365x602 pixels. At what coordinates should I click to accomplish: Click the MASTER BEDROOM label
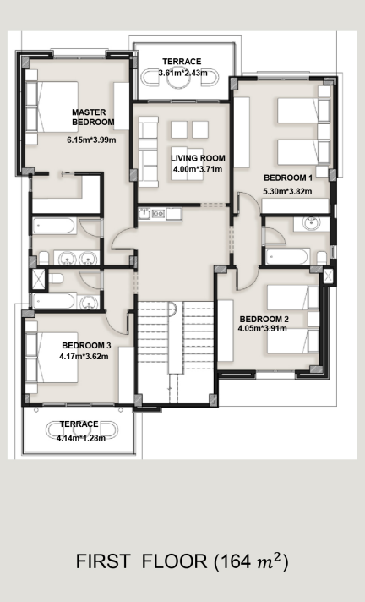point(93,117)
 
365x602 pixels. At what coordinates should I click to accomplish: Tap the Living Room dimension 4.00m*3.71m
point(198,169)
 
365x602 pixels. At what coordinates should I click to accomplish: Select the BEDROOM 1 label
point(288,178)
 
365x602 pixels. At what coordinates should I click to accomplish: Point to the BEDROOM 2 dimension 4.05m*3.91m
point(262,328)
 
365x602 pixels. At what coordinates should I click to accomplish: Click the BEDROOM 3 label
point(86,346)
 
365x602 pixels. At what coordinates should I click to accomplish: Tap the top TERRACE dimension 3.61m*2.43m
point(183,73)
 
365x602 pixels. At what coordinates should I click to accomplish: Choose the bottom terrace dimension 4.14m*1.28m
point(81,438)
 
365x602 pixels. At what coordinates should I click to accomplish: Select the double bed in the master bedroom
point(52,107)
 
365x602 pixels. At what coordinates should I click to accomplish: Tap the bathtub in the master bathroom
point(53,226)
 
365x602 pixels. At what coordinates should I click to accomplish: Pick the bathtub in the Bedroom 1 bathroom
point(287,256)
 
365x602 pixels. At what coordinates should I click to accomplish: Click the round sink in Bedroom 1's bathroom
point(311,223)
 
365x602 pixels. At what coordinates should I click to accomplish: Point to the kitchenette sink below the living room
point(144,213)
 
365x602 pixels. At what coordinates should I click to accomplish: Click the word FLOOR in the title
point(175,561)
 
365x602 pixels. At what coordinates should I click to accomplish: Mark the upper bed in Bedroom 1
point(303,111)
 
